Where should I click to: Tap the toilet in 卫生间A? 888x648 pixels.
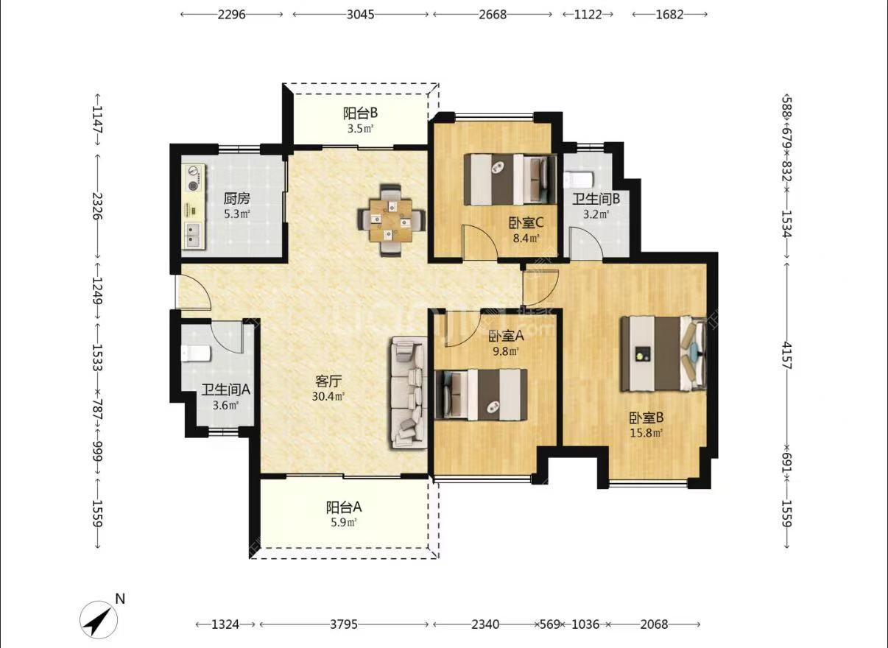pyautogui.click(x=196, y=353)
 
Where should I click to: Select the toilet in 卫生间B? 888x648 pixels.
pyautogui.click(x=578, y=180)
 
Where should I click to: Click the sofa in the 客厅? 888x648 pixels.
pyautogui.click(x=409, y=392)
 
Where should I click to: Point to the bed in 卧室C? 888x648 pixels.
pyautogui.click(x=510, y=180)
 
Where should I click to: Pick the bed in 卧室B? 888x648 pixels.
pyautogui.click(x=663, y=353)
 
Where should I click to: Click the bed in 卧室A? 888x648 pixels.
pyautogui.click(x=481, y=395)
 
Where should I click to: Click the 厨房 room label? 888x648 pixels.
pyautogui.click(x=236, y=198)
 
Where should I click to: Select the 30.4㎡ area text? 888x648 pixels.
pyautogui.click(x=328, y=396)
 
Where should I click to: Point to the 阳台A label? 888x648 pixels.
pyautogui.click(x=344, y=507)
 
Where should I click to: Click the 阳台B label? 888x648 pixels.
pyautogui.click(x=360, y=113)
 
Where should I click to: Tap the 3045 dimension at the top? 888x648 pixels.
pyautogui.click(x=360, y=15)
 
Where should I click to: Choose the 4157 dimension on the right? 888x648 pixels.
pyautogui.click(x=786, y=356)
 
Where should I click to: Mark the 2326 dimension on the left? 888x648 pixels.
pyautogui.click(x=97, y=207)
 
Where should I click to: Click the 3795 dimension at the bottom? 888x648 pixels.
pyautogui.click(x=344, y=624)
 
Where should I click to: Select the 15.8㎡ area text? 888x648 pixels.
pyautogui.click(x=646, y=433)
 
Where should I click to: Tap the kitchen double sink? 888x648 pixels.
pyautogui.click(x=194, y=234)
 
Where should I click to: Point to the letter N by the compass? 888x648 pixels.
pyautogui.click(x=120, y=599)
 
